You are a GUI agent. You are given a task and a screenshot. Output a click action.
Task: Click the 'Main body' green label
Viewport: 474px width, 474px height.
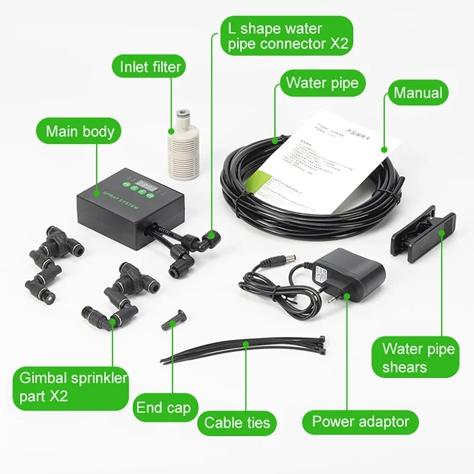point(79,130)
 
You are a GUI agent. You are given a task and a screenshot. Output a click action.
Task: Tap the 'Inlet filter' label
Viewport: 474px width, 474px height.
point(150,66)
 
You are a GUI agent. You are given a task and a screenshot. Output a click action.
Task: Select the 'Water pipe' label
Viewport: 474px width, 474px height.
point(322,82)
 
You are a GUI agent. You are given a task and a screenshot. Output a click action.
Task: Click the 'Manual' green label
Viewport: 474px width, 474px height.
point(418,92)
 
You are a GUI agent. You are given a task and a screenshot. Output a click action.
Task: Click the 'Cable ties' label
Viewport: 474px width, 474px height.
point(237,422)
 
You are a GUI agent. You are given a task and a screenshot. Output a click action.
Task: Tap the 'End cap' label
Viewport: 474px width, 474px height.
point(163,408)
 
